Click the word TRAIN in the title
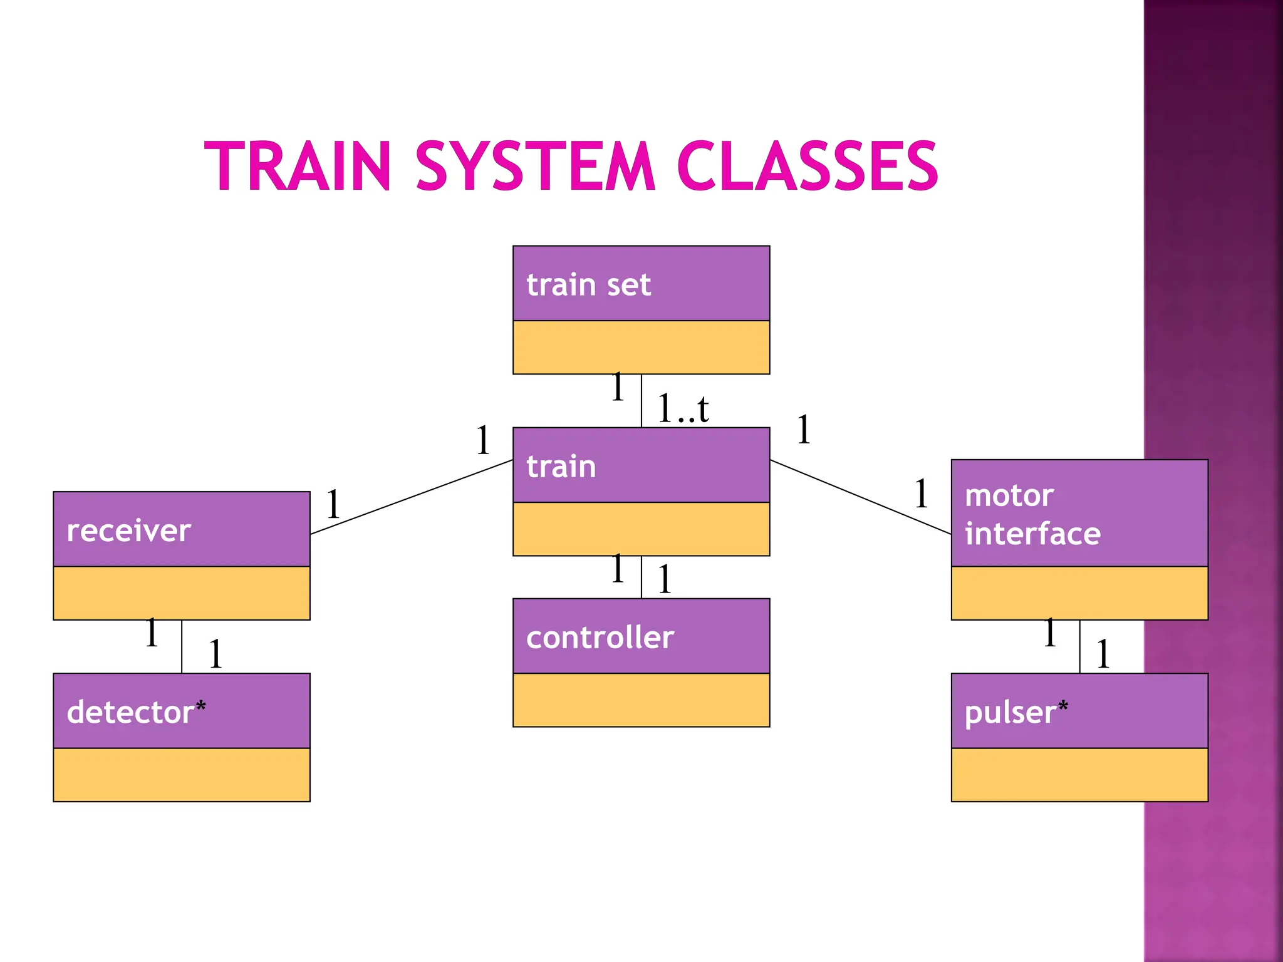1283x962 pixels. point(298,166)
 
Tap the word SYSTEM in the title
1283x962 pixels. point(536,166)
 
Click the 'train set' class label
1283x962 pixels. point(588,285)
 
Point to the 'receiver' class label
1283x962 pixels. point(128,531)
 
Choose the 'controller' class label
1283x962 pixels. point(600,638)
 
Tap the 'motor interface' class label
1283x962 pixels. point(1032,515)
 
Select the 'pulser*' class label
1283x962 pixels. point(1015,713)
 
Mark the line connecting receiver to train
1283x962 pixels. point(412,497)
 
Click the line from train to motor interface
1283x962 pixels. point(860,497)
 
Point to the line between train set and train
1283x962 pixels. point(641,401)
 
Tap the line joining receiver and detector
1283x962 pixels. point(182,646)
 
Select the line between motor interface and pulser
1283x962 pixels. point(1079,646)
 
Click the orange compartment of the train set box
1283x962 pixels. point(641,348)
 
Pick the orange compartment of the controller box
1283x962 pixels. point(641,700)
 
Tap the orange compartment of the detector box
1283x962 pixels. point(182,775)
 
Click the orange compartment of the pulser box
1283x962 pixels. point(1079,775)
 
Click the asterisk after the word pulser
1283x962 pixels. point(1063,706)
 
